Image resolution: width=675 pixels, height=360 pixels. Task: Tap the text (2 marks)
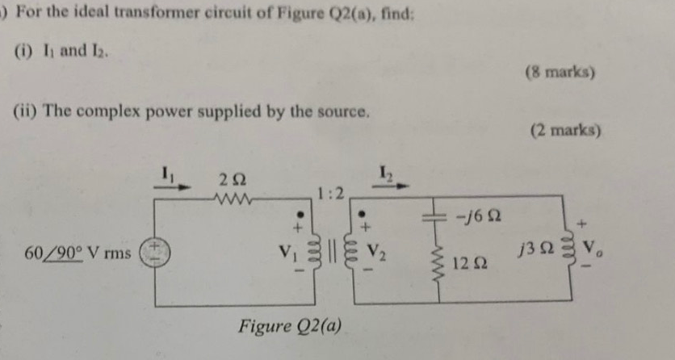[x=565, y=129]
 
